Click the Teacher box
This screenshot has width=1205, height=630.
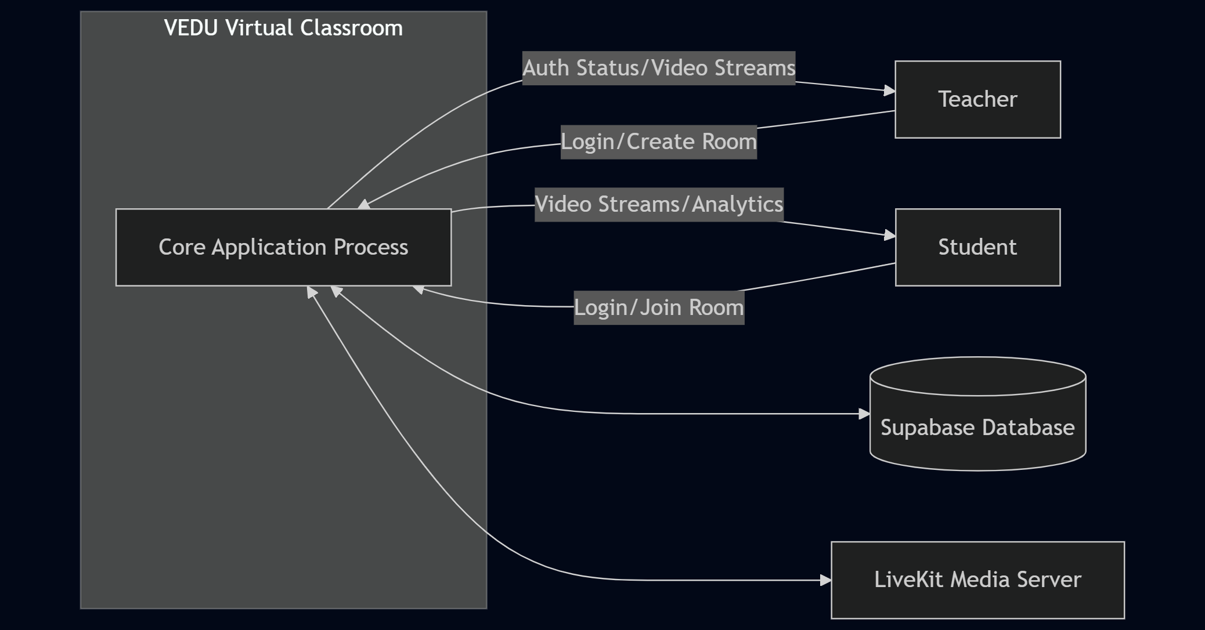click(x=977, y=99)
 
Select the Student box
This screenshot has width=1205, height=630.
click(x=977, y=247)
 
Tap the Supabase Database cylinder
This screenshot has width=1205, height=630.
click(x=977, y=427)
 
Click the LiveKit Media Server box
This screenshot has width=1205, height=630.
click(x=977, y=580)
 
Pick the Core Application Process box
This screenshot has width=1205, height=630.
click(x=283, y=247)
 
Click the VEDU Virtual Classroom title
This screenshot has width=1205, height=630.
click(x=283, y=28)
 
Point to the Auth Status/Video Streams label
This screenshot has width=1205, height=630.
click(x=659, y=68)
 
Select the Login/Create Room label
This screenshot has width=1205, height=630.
click(x=659, y=142)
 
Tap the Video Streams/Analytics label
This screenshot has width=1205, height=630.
click(x=659, y=204)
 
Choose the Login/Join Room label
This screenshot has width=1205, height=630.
click(x=659, y=307)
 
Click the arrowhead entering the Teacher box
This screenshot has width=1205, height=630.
click(x=889, y=90)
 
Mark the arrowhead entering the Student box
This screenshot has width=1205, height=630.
click(x=889, y=235)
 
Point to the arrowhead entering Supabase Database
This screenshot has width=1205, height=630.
click(x=864, y=414)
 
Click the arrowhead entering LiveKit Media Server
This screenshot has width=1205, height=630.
click(x=825, y=580)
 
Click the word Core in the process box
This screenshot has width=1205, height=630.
click(x=182, y=247)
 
